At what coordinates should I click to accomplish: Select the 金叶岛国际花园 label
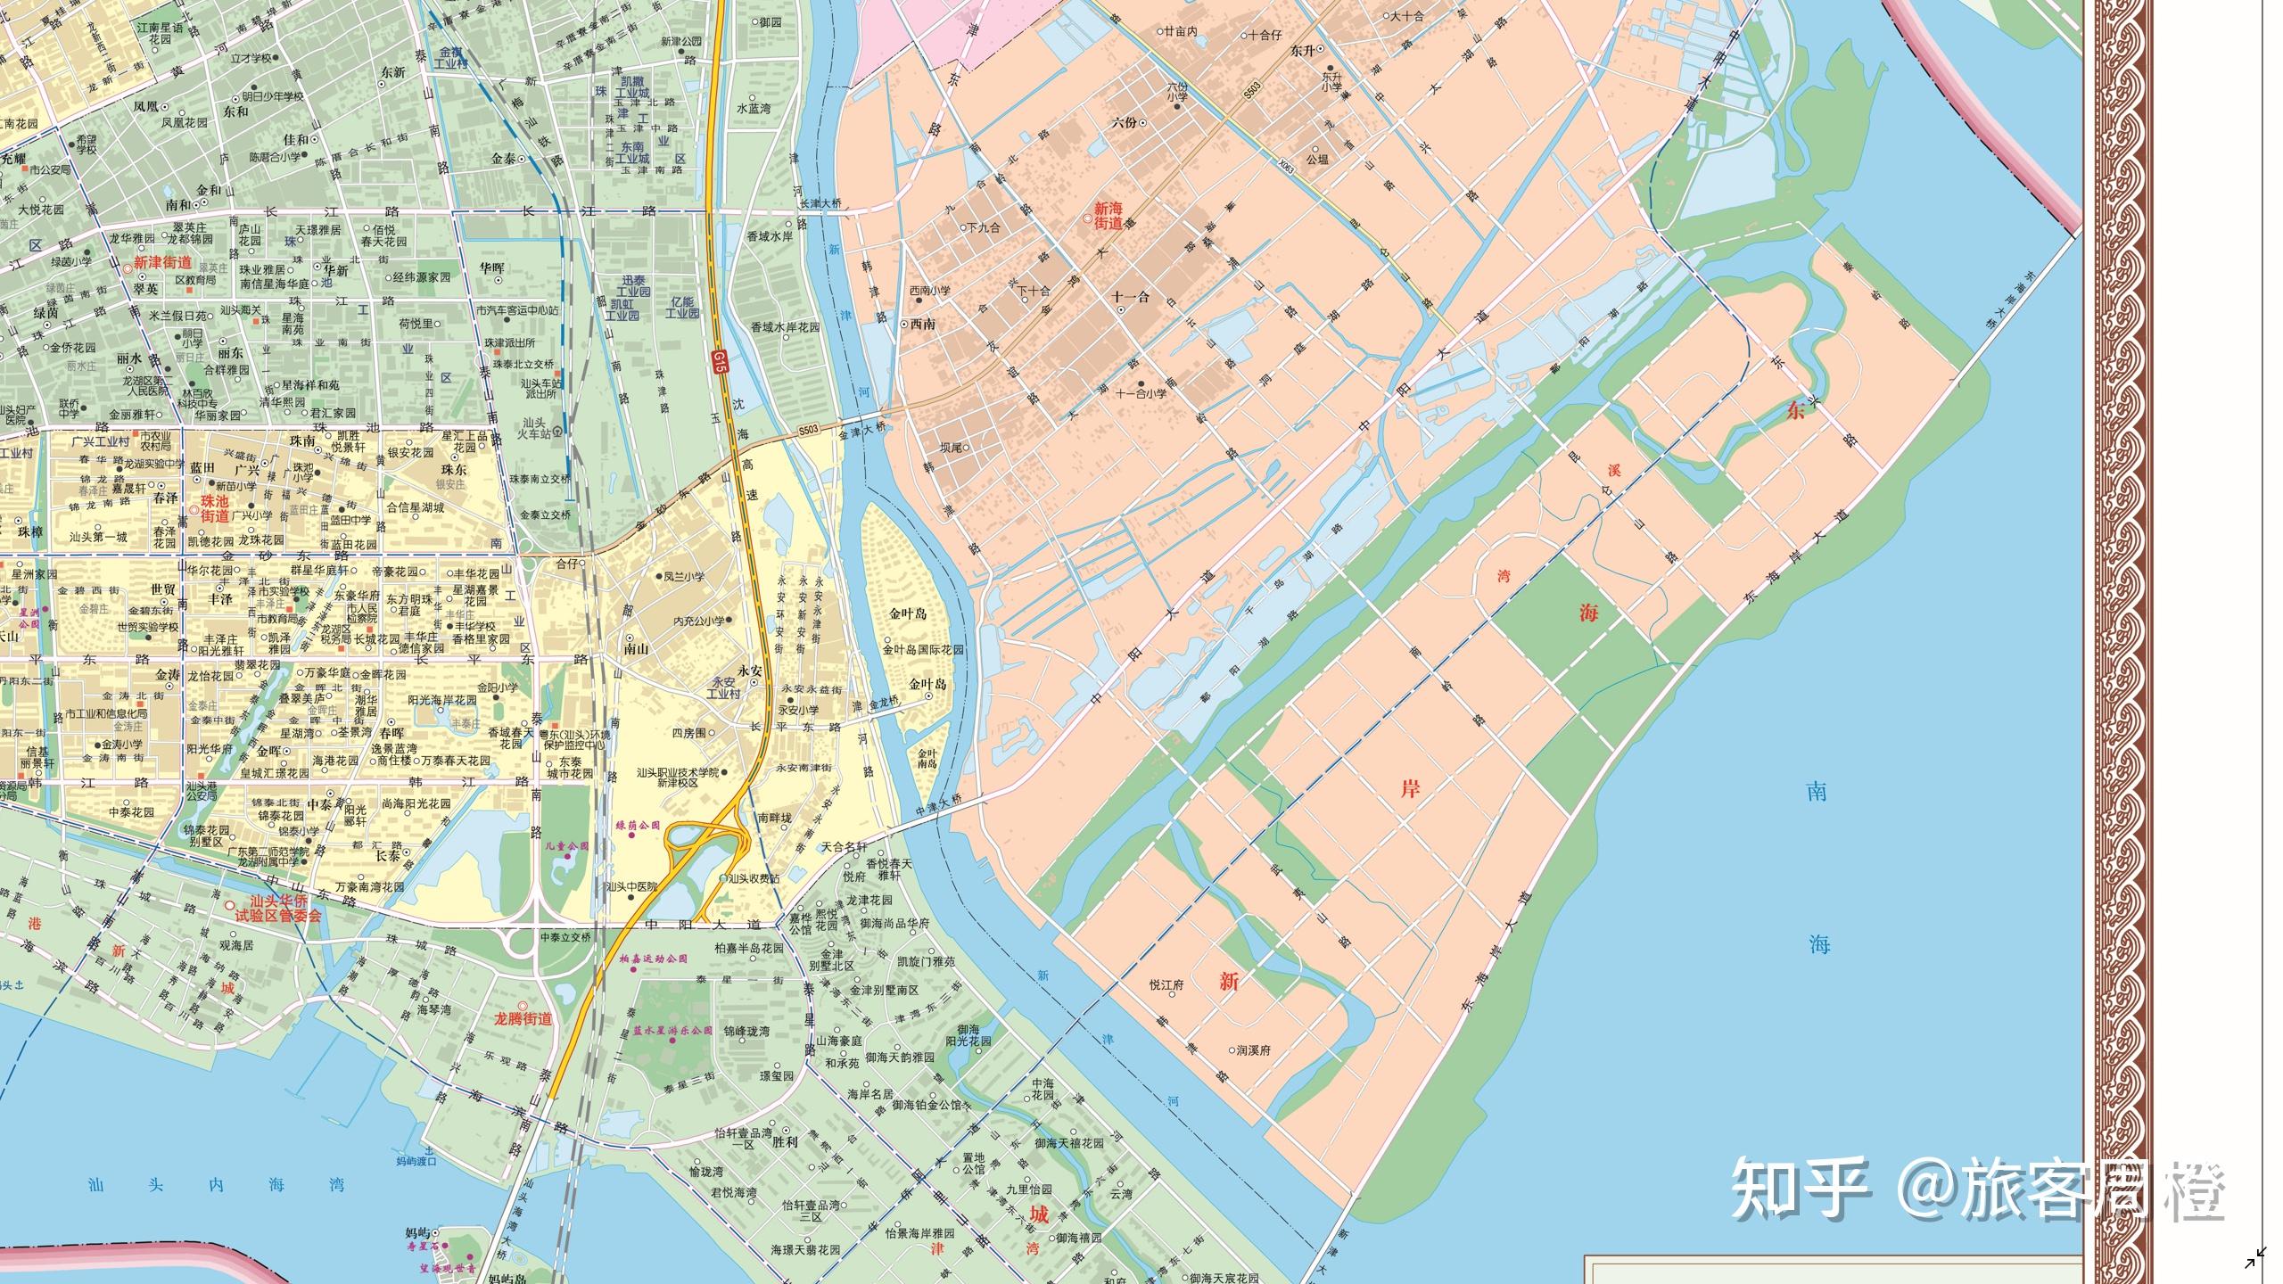pos(924,650)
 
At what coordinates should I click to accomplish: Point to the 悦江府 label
pos(1166,985)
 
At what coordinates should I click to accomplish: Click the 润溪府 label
pos(1253,1050)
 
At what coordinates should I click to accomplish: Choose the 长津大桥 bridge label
pos(820,203)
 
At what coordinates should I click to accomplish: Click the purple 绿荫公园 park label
pos(638,826)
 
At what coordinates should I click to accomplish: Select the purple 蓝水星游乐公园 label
pos(673,1030)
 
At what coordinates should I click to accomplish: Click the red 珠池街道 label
pos(215,509)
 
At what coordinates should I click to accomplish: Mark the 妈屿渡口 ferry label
pos(416,1161)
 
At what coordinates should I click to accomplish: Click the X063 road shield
pos(1285,166)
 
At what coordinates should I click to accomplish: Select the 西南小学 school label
pos(929,291)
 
